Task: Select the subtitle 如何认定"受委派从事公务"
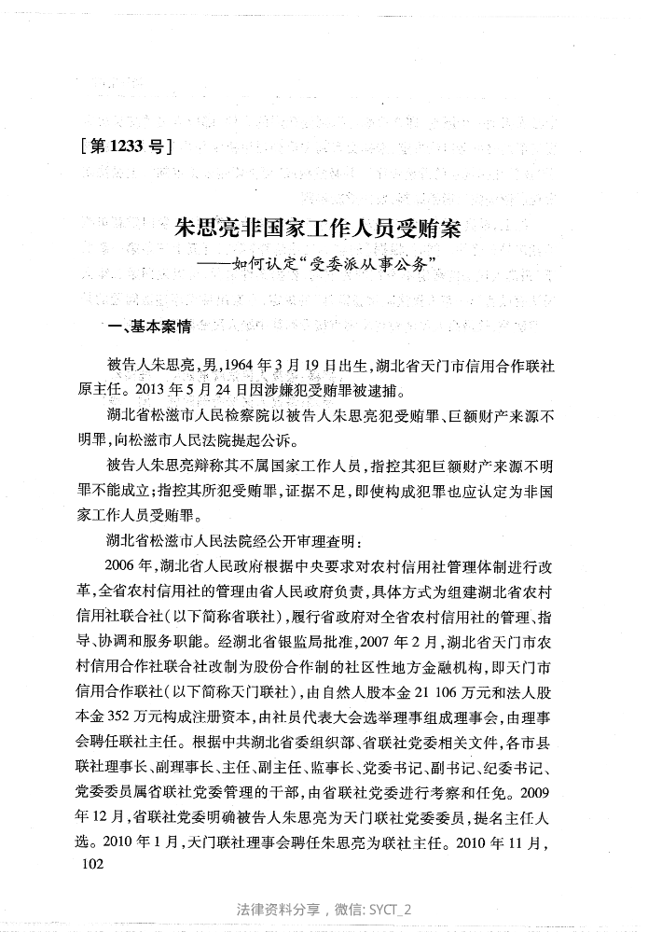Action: tap(324, 264)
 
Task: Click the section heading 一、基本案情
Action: tap(149, 327)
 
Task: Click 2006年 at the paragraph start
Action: tap(128, 564)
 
